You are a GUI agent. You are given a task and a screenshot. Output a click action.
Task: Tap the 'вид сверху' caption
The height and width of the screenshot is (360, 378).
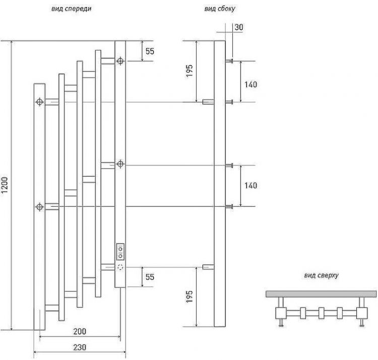pos(321,275)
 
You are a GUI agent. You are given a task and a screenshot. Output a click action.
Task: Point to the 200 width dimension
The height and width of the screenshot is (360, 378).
pos(79,331)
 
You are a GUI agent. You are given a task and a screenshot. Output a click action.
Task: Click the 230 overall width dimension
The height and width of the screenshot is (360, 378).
pos(79,347)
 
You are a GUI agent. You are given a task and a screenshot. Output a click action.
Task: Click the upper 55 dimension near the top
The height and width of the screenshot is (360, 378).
pos(150,51)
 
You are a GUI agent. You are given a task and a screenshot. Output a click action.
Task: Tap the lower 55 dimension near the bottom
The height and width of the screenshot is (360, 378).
pos(150,277)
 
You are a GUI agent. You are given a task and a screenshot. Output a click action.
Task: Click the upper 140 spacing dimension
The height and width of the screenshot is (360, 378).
pos(250,84)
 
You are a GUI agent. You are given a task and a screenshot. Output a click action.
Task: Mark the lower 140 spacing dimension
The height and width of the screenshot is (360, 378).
pos(250,186)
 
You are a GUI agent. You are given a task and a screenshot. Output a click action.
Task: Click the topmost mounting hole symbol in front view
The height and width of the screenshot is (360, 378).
pos(120,62)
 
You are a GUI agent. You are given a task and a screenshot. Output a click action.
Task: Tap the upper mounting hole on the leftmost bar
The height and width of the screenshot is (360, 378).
pos(39,102)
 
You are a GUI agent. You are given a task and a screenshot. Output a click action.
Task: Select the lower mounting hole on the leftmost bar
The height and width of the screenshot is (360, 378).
pos(39,206)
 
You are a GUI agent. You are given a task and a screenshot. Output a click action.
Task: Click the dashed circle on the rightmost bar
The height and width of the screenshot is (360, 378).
pos(120,267)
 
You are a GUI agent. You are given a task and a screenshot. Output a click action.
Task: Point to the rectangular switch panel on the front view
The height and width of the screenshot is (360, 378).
pos(120,250)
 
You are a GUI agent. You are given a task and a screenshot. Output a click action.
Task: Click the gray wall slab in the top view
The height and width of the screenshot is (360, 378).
pos(321,293)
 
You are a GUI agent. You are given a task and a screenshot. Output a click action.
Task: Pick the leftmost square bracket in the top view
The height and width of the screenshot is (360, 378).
pos(281,314)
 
